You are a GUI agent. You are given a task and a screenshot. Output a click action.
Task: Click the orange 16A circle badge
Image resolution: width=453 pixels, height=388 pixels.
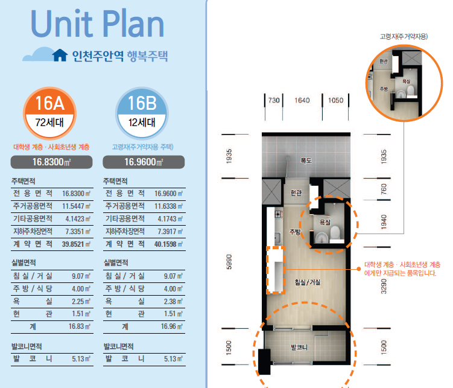pos(49,113)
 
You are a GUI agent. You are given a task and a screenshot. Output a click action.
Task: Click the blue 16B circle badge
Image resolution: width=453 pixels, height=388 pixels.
pos(142,113)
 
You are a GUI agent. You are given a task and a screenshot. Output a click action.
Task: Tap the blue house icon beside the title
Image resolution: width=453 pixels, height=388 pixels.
pos(60,55)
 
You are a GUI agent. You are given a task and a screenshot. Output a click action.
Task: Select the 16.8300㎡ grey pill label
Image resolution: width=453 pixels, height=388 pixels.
pos(51,162)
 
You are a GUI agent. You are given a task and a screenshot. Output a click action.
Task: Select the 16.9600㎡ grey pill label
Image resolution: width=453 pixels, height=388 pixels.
pos(144,162)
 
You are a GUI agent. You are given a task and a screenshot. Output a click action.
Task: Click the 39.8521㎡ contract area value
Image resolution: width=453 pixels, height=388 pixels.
pos(76,244)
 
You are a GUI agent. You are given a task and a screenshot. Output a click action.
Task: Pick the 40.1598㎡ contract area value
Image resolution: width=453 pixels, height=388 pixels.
pos(168,244)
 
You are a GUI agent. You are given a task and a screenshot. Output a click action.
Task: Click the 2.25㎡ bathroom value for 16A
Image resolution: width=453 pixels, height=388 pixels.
pos(81,301)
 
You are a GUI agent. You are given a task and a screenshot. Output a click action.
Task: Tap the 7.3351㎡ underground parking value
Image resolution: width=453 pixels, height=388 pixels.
pos(78,232)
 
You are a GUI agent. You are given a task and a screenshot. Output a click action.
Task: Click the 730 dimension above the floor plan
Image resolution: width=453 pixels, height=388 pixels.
pos(274,100)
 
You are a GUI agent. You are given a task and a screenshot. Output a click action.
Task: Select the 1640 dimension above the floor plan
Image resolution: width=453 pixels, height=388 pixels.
pos(302,100)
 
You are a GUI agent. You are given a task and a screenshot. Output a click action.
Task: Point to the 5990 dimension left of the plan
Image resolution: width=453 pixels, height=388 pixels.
pos(229,262)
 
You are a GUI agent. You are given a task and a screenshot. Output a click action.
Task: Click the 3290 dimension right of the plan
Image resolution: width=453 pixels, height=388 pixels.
pos(384,286)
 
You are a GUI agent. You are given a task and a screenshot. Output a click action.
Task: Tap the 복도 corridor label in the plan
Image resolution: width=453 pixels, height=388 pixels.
pos(306,161)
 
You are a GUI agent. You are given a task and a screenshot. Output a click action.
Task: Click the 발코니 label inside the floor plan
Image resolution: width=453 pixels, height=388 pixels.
pos(299,347)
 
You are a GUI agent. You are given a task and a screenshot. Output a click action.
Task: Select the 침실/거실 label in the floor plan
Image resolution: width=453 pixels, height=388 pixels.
pos(308,282)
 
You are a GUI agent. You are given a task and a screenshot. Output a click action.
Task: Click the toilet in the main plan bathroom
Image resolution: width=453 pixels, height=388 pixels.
pos(335,233)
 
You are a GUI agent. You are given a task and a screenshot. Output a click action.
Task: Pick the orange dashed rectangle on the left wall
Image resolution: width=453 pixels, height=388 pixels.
pos(275,270)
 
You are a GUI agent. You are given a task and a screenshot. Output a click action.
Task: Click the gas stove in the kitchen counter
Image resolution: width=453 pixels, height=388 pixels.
pos(278,214)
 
